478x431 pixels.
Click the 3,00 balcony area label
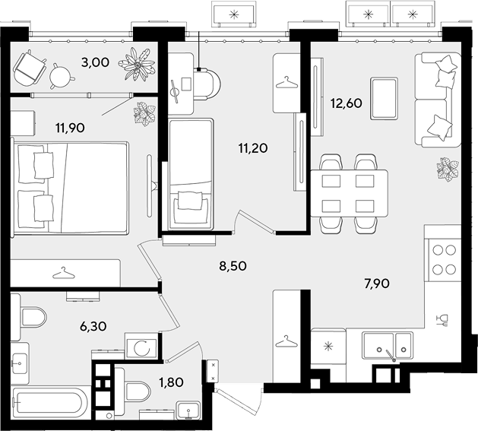tap(95, 62)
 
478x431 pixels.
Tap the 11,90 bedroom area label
tap(70, 128)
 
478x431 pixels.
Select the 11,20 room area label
tap(253, 148)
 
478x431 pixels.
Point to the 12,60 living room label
tap(347, 103)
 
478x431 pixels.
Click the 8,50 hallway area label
tap(233, 266)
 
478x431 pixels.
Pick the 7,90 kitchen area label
tap(377, 284)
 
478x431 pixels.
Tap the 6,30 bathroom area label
tap(93, 327)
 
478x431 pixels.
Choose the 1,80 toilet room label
tap(171, 382)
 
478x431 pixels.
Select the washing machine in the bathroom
tap(141, 347)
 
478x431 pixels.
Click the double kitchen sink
tap(387, 346)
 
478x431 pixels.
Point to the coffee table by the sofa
tap(384, 98)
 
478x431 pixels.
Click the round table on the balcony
tap(61, 76)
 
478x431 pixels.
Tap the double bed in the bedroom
tap(69, 187)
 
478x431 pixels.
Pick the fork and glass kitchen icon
tap(442, 320)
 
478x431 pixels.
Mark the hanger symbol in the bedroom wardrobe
tap(63, 273)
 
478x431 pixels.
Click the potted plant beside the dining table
tap(447, 169)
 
